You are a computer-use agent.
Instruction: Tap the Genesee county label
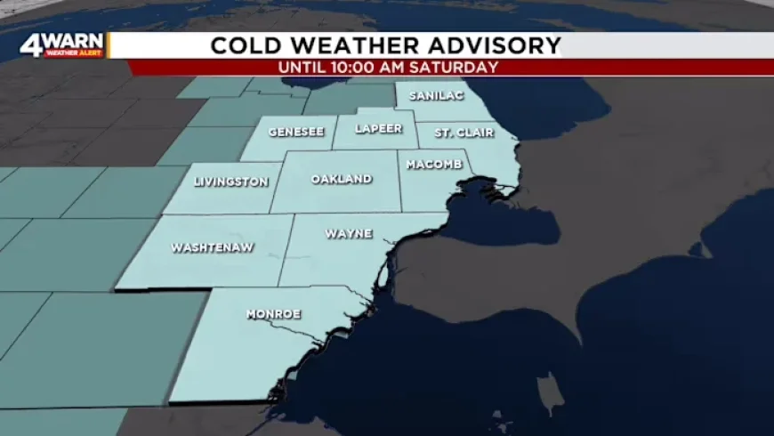[296, 131]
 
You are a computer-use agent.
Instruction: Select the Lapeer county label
[378, 128]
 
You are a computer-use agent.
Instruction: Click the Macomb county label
[434, 165]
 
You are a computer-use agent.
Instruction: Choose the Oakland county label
[342, 179]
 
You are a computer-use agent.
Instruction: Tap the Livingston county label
[231, 182]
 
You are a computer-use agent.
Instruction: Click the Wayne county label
[349, 234]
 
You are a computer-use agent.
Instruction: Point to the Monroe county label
[273, 314]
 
